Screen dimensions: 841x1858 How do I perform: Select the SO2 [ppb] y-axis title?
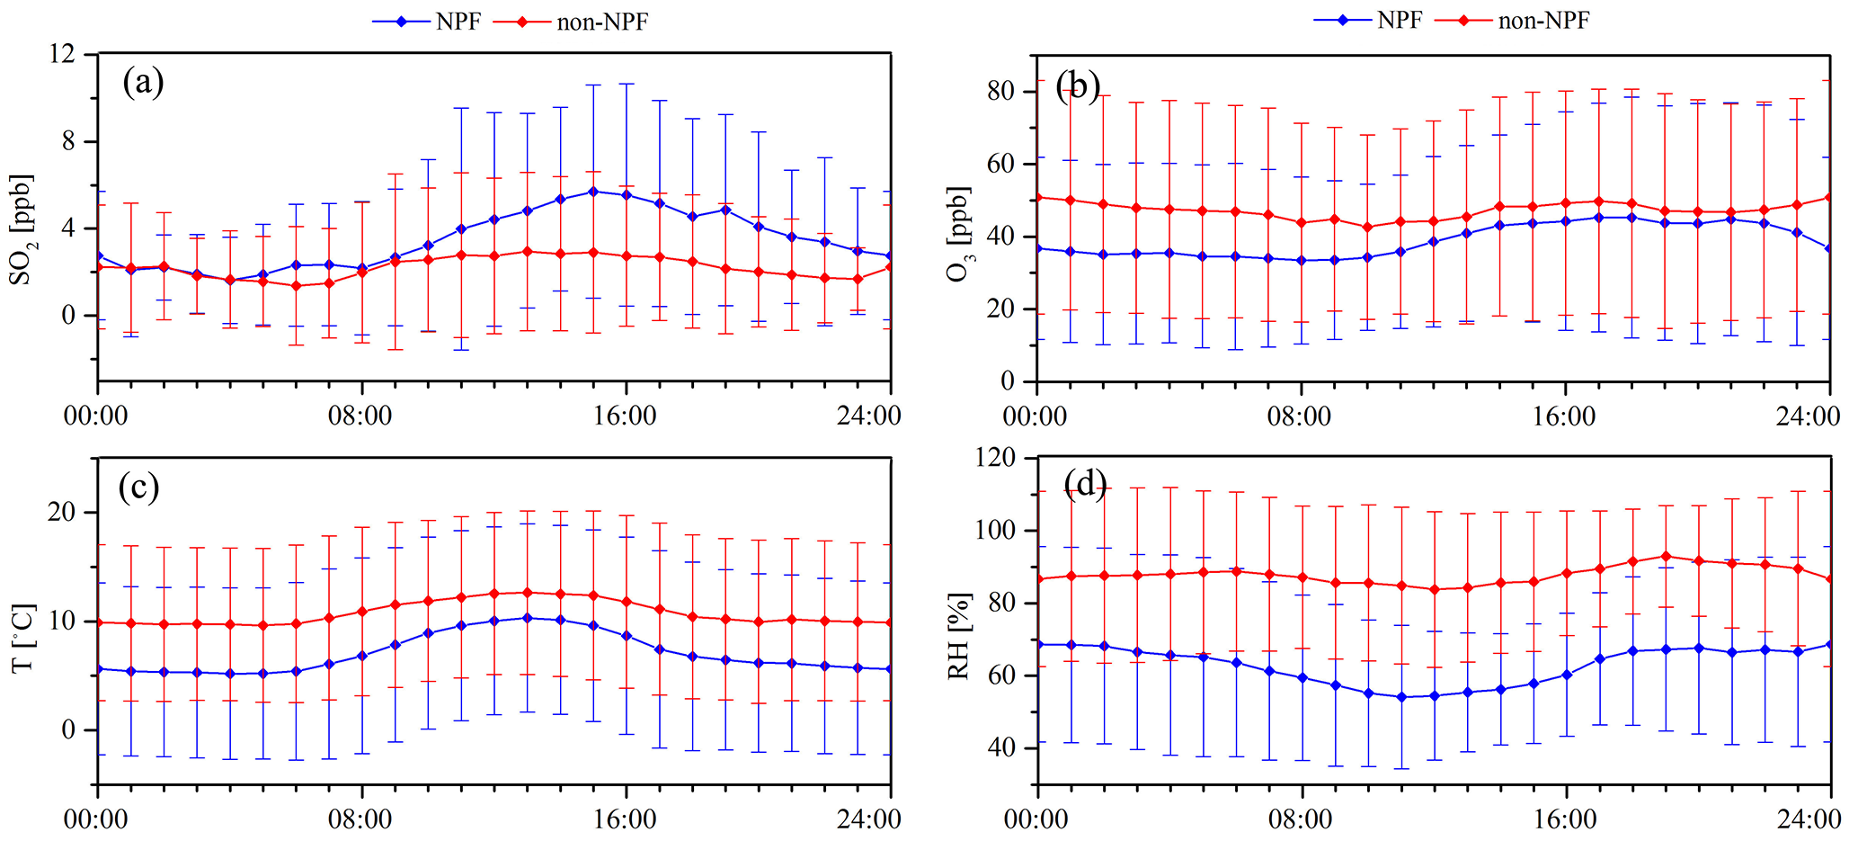coord(22,228)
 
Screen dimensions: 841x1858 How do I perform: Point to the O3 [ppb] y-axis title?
coord(960,233)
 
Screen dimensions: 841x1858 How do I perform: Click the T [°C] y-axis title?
coord(22,636)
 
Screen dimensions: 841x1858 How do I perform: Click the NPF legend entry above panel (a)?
coord(428,22)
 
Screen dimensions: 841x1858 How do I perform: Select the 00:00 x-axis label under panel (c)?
coord(97,819)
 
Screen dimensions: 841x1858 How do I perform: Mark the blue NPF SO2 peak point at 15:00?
coord(592,192)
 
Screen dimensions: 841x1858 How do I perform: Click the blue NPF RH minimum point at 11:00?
coord(1400,697)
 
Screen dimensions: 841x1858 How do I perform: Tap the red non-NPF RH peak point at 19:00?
coord(1665,556)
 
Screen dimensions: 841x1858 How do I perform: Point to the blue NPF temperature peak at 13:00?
coord(527,618)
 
